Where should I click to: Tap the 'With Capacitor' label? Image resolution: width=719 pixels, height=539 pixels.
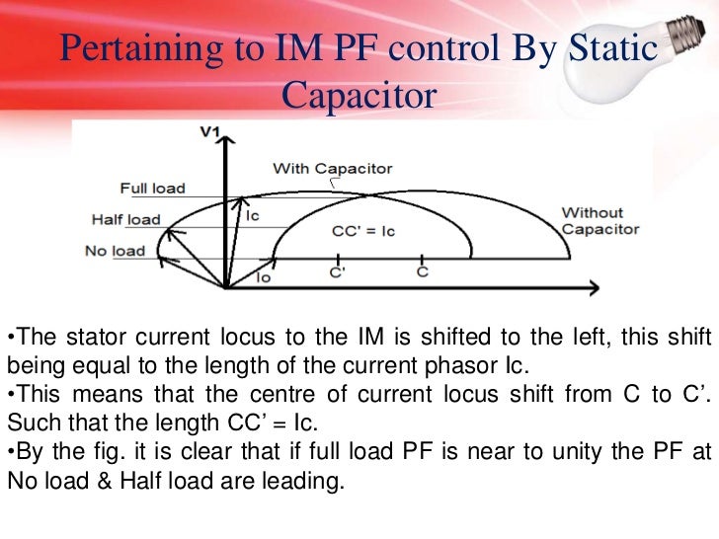[x=332, y=168]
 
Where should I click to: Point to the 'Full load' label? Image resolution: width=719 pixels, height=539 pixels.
[x=152, y=189]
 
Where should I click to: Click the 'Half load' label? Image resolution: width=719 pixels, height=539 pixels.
[x=126, y=220]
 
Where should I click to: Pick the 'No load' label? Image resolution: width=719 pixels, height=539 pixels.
[x=115, y=251]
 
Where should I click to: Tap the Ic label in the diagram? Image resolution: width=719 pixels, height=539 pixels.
[x=253, y=215]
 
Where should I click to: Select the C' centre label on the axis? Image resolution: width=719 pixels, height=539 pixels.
[x=338, y=272]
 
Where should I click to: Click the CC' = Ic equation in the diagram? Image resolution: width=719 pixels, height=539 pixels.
[x=362, y=231]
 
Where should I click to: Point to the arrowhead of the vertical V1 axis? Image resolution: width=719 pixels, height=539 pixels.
[x=227, y=150]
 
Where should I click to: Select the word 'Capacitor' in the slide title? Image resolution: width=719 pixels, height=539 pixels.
[x=359, y=96]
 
